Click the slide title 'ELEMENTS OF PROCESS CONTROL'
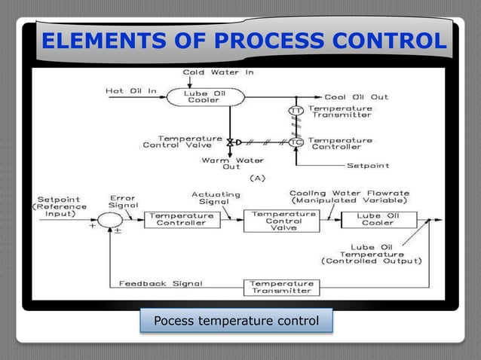(244, 41)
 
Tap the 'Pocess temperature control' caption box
(236, 322)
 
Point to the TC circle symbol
(296, 142)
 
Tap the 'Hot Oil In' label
(131, 91)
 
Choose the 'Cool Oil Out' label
(355, 97)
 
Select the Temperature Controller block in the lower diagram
(182, 219)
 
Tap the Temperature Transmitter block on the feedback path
(281, 287)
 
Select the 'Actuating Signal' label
(216, 197)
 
